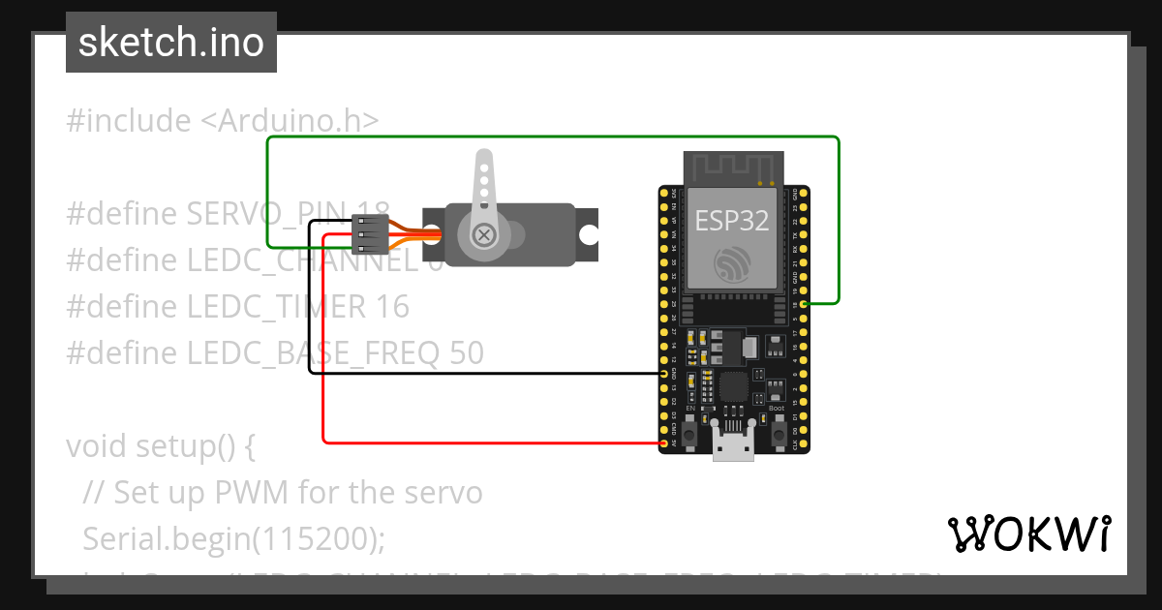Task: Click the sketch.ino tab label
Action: click(x=170, y=43)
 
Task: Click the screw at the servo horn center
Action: click(x=482, y=234)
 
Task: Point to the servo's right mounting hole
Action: click(x=588, y=234)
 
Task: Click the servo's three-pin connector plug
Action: click(x=370, y=234)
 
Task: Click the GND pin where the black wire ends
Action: click(x=663, y=373)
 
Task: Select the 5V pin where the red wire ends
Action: click(x=663, y=442)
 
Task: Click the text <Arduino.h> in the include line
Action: click(x=290, y=121)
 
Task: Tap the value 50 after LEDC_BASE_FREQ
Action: click(x=467, y=353)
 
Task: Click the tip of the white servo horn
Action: click(x=482, y=160)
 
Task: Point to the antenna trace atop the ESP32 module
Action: click(x=733, y=166)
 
